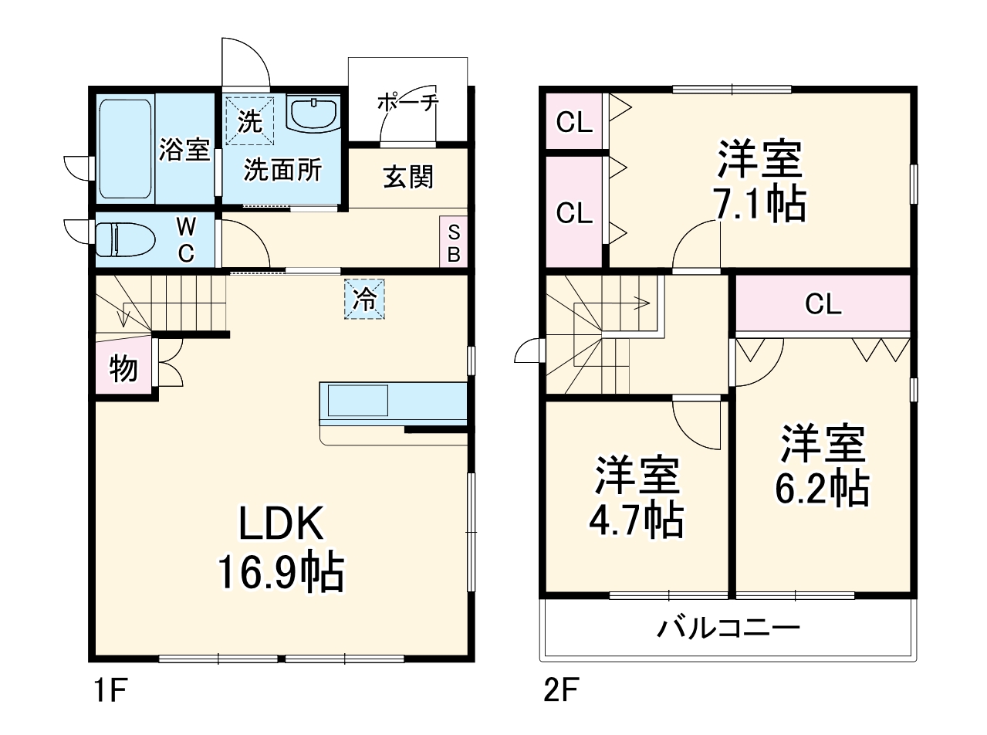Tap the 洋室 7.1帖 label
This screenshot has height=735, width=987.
[761, 182]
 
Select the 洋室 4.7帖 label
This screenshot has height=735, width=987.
[637, 497]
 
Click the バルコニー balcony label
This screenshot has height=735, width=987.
[728, 628]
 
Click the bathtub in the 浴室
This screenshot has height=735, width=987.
[125, 147]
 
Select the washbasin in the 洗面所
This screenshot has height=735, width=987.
[313, 114]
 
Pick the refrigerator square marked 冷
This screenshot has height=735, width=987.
[364, 299]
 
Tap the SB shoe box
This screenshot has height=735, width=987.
[454, 242]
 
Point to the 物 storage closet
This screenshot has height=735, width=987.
[123, 369]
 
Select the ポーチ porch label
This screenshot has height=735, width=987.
[407, 102]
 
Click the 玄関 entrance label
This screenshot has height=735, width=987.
[408, 178]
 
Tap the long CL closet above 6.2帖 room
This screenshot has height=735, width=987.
[823, 304]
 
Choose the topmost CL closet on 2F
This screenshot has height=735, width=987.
[574, 122]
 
